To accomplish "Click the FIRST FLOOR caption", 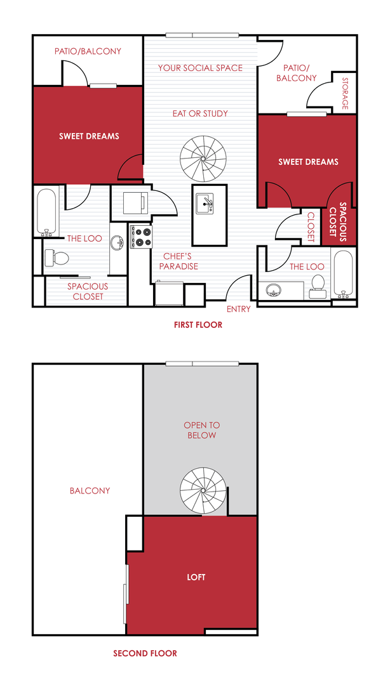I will pyautogui.click(x=198, y=325).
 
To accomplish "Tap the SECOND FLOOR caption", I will pyautogui.click(x=145, y=653).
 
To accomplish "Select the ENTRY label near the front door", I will pyautogui.click(x=239, y=309).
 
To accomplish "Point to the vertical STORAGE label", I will pyautogui.click(x=345, y=94).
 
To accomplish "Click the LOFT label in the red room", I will pyautogui.click(x=196, y=577).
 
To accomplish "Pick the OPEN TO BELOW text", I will pyautogui.click(x=200, y=430).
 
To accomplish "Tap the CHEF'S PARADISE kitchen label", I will pyautogui.click(x=178, y=261).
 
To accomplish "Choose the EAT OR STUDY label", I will pyautogui.click(x=200, y=114).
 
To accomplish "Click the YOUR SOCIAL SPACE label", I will pyautogui.click(x=200, y=68).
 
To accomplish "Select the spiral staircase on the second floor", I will pyautogui.click(x=203, y=491).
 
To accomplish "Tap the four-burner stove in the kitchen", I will pyautogui.click(x=141, y=237).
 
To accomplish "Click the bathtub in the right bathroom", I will pyautogui.click(x=343, y=275).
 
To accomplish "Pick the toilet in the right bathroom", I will pyautogui.click(x=318, y=285).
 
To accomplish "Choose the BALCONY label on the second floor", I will pyautogui.click(x=90, y=490).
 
